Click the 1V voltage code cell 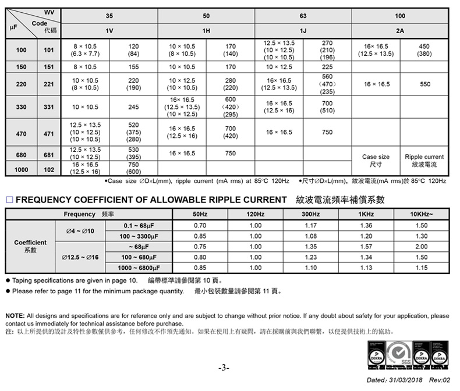(x=109, y=30)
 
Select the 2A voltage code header (x=399, y=30)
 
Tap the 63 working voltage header (x=303, y=16)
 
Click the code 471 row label (x=49, y=134)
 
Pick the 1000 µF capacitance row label (x=21, y=169)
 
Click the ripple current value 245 (x=133, y=107)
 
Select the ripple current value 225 (x=327, y=67)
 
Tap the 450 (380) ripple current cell (x=424, y=50)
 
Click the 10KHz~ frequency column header (x=422, y=215)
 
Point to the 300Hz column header (x=310, y=215)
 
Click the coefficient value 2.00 (x=422, y=246)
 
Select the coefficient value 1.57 (x=366, y=246)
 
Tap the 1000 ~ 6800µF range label (x=140, y=268)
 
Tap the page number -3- (x=224, y=368)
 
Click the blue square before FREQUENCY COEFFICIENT (x=9, y=200)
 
